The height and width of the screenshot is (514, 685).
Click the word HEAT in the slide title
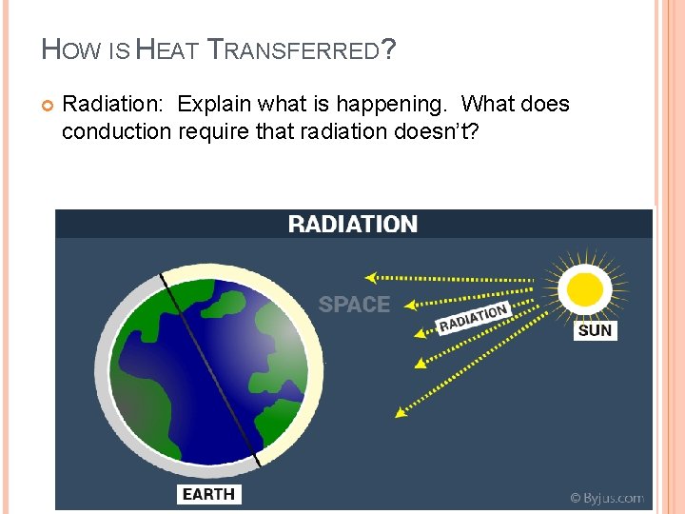[167, 49]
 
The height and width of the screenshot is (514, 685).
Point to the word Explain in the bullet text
[214, 104]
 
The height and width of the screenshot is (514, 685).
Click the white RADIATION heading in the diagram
[353, 225]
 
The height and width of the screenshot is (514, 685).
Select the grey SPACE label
[354, 305]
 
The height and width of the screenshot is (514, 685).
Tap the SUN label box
[596, 330]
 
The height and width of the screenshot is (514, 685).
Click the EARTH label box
[208, 493]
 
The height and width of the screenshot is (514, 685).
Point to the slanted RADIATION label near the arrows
[473, 317]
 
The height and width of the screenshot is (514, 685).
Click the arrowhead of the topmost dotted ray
[371, 278]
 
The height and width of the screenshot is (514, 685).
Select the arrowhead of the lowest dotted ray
[401, 411]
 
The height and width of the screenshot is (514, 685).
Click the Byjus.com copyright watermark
[606, 497]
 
